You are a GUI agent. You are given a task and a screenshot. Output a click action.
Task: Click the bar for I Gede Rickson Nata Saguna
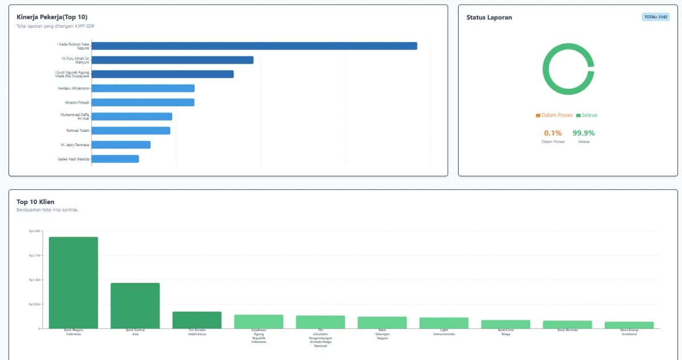click(254, 46)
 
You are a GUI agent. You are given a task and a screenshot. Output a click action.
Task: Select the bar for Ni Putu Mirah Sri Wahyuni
click(172, 60)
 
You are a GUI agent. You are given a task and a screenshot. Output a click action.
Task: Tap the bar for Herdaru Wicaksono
click(143, 88)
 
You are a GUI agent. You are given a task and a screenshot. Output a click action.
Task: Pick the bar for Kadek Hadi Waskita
click(115, 159)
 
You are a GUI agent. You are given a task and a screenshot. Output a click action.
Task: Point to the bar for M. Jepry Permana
click(120, 144)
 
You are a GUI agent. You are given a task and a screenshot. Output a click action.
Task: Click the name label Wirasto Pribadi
click(77, 102)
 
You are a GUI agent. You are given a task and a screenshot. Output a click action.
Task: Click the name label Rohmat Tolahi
click(78, 131)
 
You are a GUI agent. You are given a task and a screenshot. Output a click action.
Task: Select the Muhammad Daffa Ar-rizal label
click(75, 117)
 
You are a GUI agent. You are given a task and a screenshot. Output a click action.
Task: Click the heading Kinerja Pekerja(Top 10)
click(52, 17)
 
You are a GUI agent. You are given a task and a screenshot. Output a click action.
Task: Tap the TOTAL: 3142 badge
click(655, 17)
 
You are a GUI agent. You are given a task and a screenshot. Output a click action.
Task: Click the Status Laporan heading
click(489, 18)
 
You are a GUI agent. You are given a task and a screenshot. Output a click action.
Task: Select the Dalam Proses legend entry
click(554, 115)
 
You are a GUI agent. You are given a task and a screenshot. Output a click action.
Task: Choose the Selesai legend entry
click(587, 115)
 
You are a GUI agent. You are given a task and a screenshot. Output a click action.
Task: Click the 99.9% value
click(583, 133)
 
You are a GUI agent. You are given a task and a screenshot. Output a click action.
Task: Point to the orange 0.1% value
click(553, 133)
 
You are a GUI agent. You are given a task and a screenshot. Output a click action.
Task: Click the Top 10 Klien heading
click(36, 202)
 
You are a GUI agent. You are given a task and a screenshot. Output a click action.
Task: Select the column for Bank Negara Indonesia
click(73, 282)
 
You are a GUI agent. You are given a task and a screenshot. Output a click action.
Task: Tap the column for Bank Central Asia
click(135, 305)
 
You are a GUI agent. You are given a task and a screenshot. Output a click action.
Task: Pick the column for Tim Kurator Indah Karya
click(197, 320)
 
